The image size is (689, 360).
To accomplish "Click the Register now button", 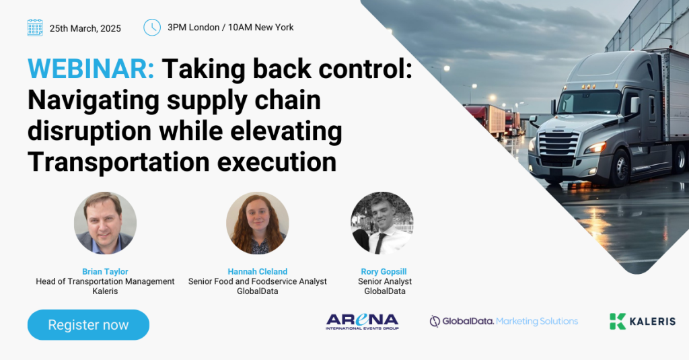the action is coord(88,325).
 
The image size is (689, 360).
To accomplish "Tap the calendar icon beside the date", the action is coord(35,28).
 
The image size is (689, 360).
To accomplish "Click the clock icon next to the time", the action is coord(152,28).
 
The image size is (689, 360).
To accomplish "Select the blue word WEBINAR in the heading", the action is coord(91,69).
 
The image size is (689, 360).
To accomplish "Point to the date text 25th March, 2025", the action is coord(85,28).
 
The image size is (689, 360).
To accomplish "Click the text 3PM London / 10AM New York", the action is coord(231,28).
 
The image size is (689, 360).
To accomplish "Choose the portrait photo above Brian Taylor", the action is coord(105,223).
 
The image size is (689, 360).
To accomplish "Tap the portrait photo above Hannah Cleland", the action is coord(258,223).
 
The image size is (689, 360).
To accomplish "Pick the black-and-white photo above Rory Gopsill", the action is coord(382,223).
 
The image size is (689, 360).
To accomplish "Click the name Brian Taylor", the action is coord(105,272).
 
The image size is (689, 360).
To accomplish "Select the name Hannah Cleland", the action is coord(258,272).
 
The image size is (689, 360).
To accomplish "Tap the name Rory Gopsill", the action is coord(384,272).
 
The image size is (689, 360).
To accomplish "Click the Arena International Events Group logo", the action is coord(362,322).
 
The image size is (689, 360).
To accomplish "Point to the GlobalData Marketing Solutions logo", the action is coord(503,322).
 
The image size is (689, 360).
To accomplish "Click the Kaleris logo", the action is coord(643,322).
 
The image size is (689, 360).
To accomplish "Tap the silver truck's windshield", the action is coord(589,102).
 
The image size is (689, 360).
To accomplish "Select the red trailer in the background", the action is coord(484,119).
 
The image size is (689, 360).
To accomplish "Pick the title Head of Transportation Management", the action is coord(105,281).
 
